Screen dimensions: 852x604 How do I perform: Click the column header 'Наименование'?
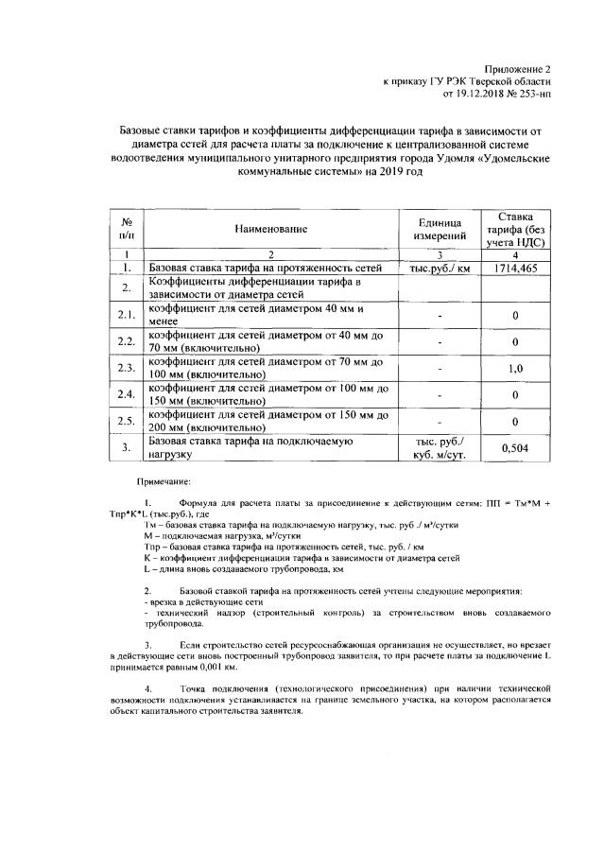point(272,229)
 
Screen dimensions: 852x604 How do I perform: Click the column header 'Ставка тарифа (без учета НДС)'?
point(515,229)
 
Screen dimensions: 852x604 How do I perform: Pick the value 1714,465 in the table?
point(515,270)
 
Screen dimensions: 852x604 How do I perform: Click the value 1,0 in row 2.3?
point(515,368)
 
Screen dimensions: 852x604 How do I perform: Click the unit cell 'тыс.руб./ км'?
point(439,270)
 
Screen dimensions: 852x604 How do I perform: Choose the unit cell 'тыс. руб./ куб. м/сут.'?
point(439,447)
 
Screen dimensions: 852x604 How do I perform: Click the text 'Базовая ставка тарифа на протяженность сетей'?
point(266,270)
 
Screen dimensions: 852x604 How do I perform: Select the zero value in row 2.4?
point(515,394)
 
